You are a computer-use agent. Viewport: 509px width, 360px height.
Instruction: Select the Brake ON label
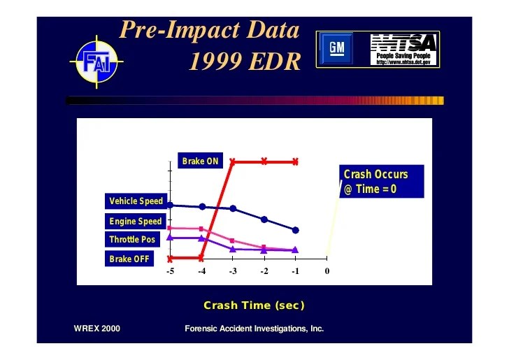click(x=200, y=161)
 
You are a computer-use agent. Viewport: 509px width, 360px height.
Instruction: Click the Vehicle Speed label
click(x=136, y=201)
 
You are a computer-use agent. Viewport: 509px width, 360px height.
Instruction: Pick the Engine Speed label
click(x=135, y=222)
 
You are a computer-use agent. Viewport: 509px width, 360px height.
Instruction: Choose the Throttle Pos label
click(x=132, y=240)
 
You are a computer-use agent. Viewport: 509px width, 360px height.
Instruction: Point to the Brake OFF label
click(x=129, y=259)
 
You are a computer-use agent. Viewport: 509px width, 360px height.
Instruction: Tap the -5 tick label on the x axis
click(x=170, y=272)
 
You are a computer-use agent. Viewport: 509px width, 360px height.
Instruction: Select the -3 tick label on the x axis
click(x=233, y=272)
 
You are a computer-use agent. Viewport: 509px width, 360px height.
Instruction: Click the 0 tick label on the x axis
click(x=327, y=272)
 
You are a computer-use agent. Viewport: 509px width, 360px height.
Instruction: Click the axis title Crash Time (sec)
click(x=254, y=305)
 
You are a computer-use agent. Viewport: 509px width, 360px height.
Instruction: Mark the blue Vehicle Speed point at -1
click(x=296, y=230)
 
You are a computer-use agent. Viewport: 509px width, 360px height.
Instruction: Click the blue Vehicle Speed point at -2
click(x=264, y=219)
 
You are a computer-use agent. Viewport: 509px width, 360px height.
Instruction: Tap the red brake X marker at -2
click(x=264, y=161)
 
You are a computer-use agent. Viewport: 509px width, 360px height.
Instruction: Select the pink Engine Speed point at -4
click(x=201, y=229)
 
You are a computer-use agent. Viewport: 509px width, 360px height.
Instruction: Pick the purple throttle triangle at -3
click(x=233, y=249)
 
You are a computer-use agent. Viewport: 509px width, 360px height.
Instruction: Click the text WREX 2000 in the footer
click(x=96, y=329)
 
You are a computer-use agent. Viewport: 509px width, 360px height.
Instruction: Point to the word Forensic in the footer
click(x=202, y=329)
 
